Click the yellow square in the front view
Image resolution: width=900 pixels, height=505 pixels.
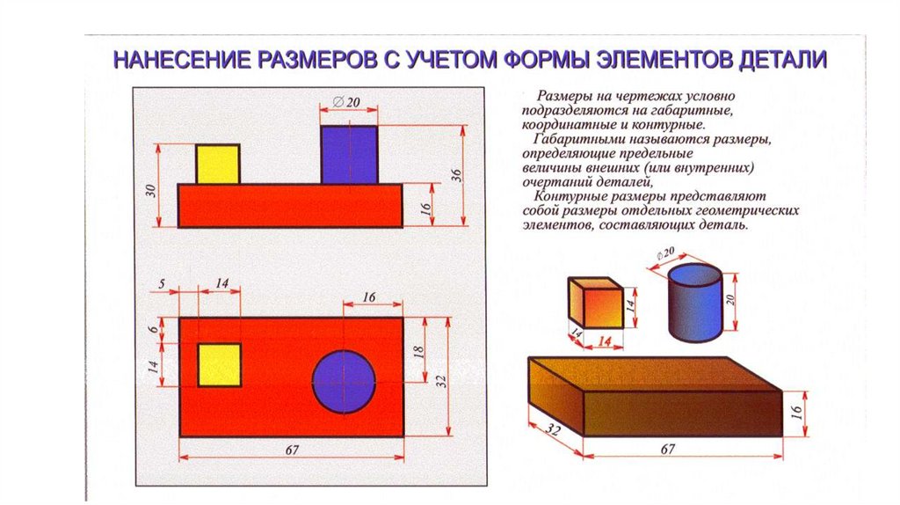217,165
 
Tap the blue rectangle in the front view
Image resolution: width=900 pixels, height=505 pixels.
349,154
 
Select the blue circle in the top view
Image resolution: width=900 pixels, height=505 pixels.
344,381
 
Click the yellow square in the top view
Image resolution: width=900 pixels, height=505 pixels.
219,364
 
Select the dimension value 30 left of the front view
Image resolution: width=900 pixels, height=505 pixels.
150,189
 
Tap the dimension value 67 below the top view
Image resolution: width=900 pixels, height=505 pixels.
292,450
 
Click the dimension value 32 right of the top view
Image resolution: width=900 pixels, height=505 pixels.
441,380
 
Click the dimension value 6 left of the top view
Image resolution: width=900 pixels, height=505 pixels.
151,329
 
